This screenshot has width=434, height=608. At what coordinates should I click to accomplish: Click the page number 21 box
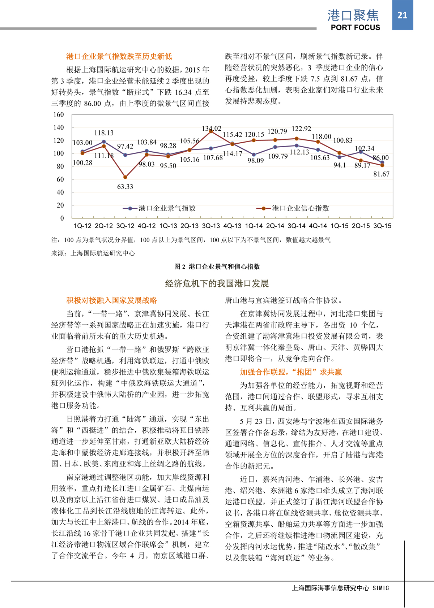coord(402,15)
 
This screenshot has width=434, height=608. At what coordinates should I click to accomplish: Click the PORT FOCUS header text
coord(355,27)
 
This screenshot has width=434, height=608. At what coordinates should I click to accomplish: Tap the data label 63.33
coord(125,187)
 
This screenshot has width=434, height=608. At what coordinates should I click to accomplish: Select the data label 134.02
coord(212,129)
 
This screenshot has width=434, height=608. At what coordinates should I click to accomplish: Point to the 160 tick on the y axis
coord(59,115)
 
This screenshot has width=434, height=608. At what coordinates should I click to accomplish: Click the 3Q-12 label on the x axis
coord(125,226)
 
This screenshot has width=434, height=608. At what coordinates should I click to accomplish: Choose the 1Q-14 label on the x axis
coord(254,226)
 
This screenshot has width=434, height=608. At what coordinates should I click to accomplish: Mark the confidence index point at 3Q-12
coord(125,177)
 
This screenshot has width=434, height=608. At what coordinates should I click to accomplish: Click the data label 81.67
coord(381,174)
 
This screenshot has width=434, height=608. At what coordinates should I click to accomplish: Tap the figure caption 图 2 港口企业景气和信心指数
coord(217,267)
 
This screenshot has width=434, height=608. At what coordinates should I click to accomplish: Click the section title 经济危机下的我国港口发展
coord(217,284)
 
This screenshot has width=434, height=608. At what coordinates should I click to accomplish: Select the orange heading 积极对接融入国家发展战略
coord(111,300)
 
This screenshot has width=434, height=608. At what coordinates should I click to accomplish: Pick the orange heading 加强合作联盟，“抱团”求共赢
coord(291,372)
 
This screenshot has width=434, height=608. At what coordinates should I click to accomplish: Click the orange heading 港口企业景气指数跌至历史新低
coord(119,56)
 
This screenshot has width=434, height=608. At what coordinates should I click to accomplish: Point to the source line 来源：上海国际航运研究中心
coord(93,253)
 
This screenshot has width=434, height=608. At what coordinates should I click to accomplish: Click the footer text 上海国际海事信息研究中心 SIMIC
coord(340,588)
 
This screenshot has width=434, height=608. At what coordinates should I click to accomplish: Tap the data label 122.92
coord(301,129)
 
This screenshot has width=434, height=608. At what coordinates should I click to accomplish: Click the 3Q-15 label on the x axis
coord(382,226)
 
